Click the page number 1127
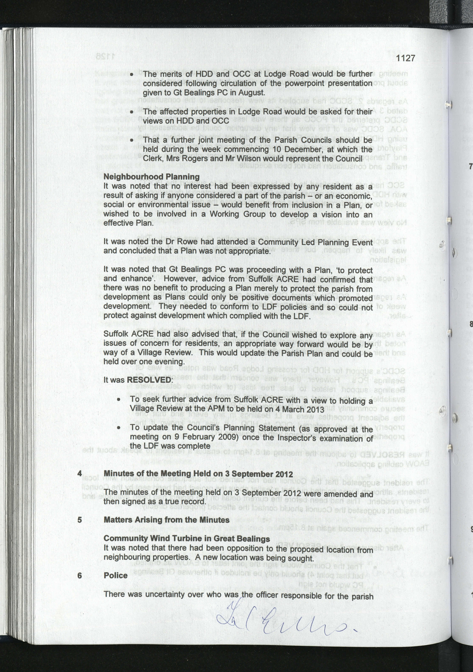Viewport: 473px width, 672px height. [405, 58]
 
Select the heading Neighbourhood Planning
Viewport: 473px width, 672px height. [151, 177]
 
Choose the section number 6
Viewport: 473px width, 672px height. [80, 575]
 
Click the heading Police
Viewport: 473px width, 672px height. [115, 575]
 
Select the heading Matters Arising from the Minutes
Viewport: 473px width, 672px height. [166, 520]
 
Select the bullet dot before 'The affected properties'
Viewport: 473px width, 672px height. [132, 112]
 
